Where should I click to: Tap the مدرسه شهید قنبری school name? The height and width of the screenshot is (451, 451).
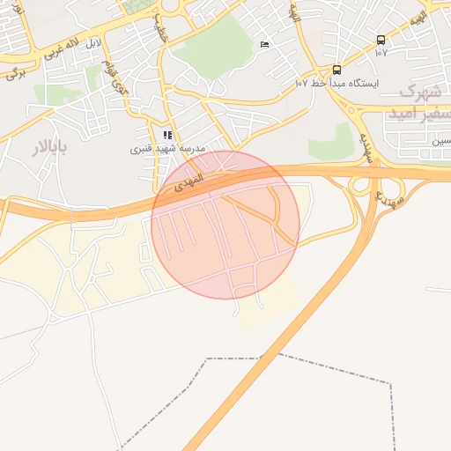[x=167, y=149]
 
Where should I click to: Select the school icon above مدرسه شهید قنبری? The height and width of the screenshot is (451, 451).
[x=167, y=136]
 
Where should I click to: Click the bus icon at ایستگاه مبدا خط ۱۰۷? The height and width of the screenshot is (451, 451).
[x=336, y=70]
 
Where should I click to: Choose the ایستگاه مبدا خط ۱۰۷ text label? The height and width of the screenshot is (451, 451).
[x=336, y=83]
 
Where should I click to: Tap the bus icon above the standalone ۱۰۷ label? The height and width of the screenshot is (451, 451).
[x=381, y=40]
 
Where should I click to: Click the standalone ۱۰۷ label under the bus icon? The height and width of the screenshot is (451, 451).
[x=381, y=52]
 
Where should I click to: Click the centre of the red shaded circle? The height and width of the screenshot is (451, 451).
[x=225, y=225]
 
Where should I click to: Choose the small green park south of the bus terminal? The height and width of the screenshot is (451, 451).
[x=333, y=141]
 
